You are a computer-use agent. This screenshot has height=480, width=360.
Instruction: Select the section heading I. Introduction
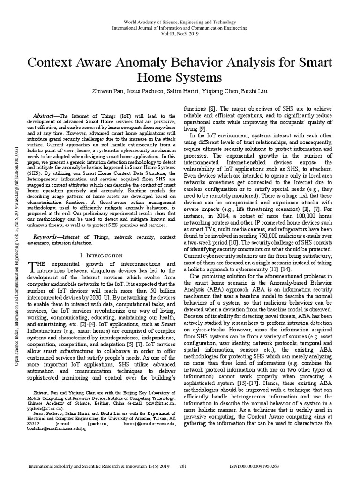[x=104, y=255]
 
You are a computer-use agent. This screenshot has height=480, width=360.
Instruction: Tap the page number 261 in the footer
[x=184, y=467]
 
